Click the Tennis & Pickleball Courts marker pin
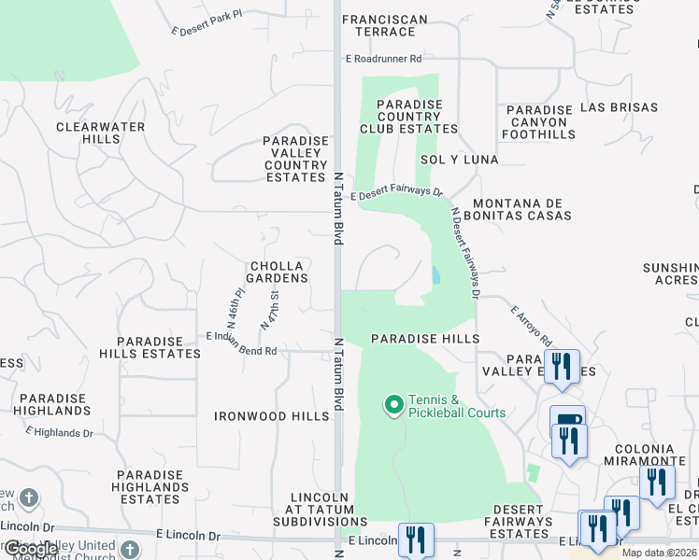tap(393, 405)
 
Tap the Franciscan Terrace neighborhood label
tap(385, 25)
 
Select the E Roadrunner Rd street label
tap(383, 58)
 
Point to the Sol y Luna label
tap(459, 160)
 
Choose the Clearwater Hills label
tap(100, 133)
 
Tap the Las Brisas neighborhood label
tap(619, 107)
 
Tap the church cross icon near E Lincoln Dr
tap(29, 498)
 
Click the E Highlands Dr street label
tap(60, 431)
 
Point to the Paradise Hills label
tap(425, 339)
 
